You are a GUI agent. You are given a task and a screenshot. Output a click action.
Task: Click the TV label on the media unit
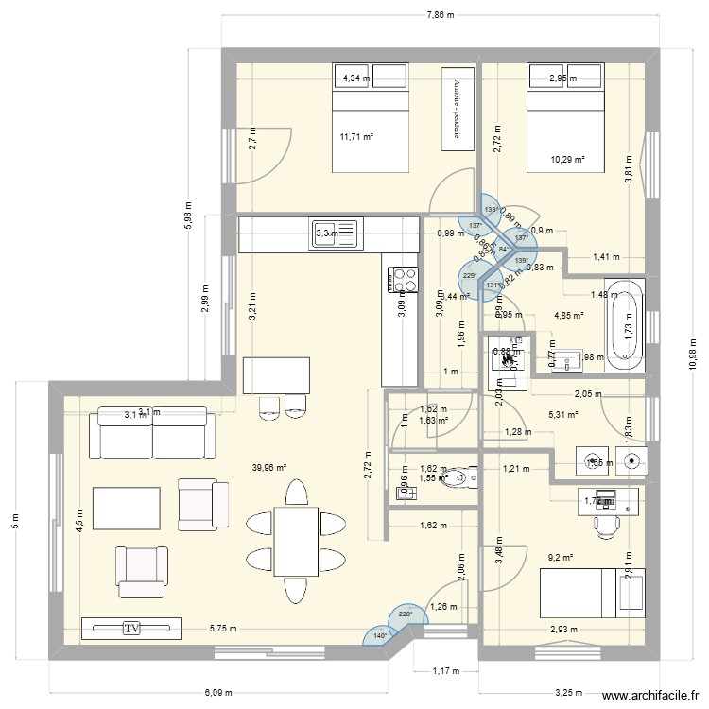131,627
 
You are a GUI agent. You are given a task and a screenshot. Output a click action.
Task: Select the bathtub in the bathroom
626,323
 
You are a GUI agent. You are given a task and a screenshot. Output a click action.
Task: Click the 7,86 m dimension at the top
441,15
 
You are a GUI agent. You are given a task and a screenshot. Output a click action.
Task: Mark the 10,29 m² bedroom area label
567,160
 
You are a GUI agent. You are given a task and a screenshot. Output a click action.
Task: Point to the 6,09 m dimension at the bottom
222,692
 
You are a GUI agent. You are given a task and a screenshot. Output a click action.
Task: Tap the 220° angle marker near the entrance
406,614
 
